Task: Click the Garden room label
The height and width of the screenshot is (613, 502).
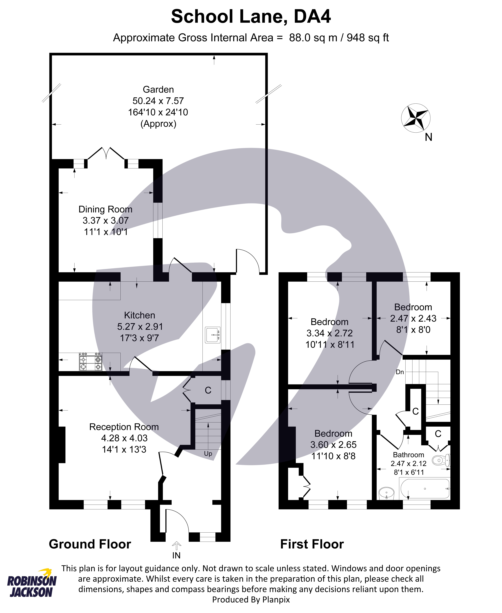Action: (x=158, y=90)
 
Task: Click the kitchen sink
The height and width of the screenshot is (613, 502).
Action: (x=212, y=335)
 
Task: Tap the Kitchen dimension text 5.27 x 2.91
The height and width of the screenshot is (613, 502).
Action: (x=140, y=327)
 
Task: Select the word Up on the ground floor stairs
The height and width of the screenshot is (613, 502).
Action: (x=208, y=454)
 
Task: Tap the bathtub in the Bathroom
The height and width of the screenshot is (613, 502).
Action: (x=424, y=489)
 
